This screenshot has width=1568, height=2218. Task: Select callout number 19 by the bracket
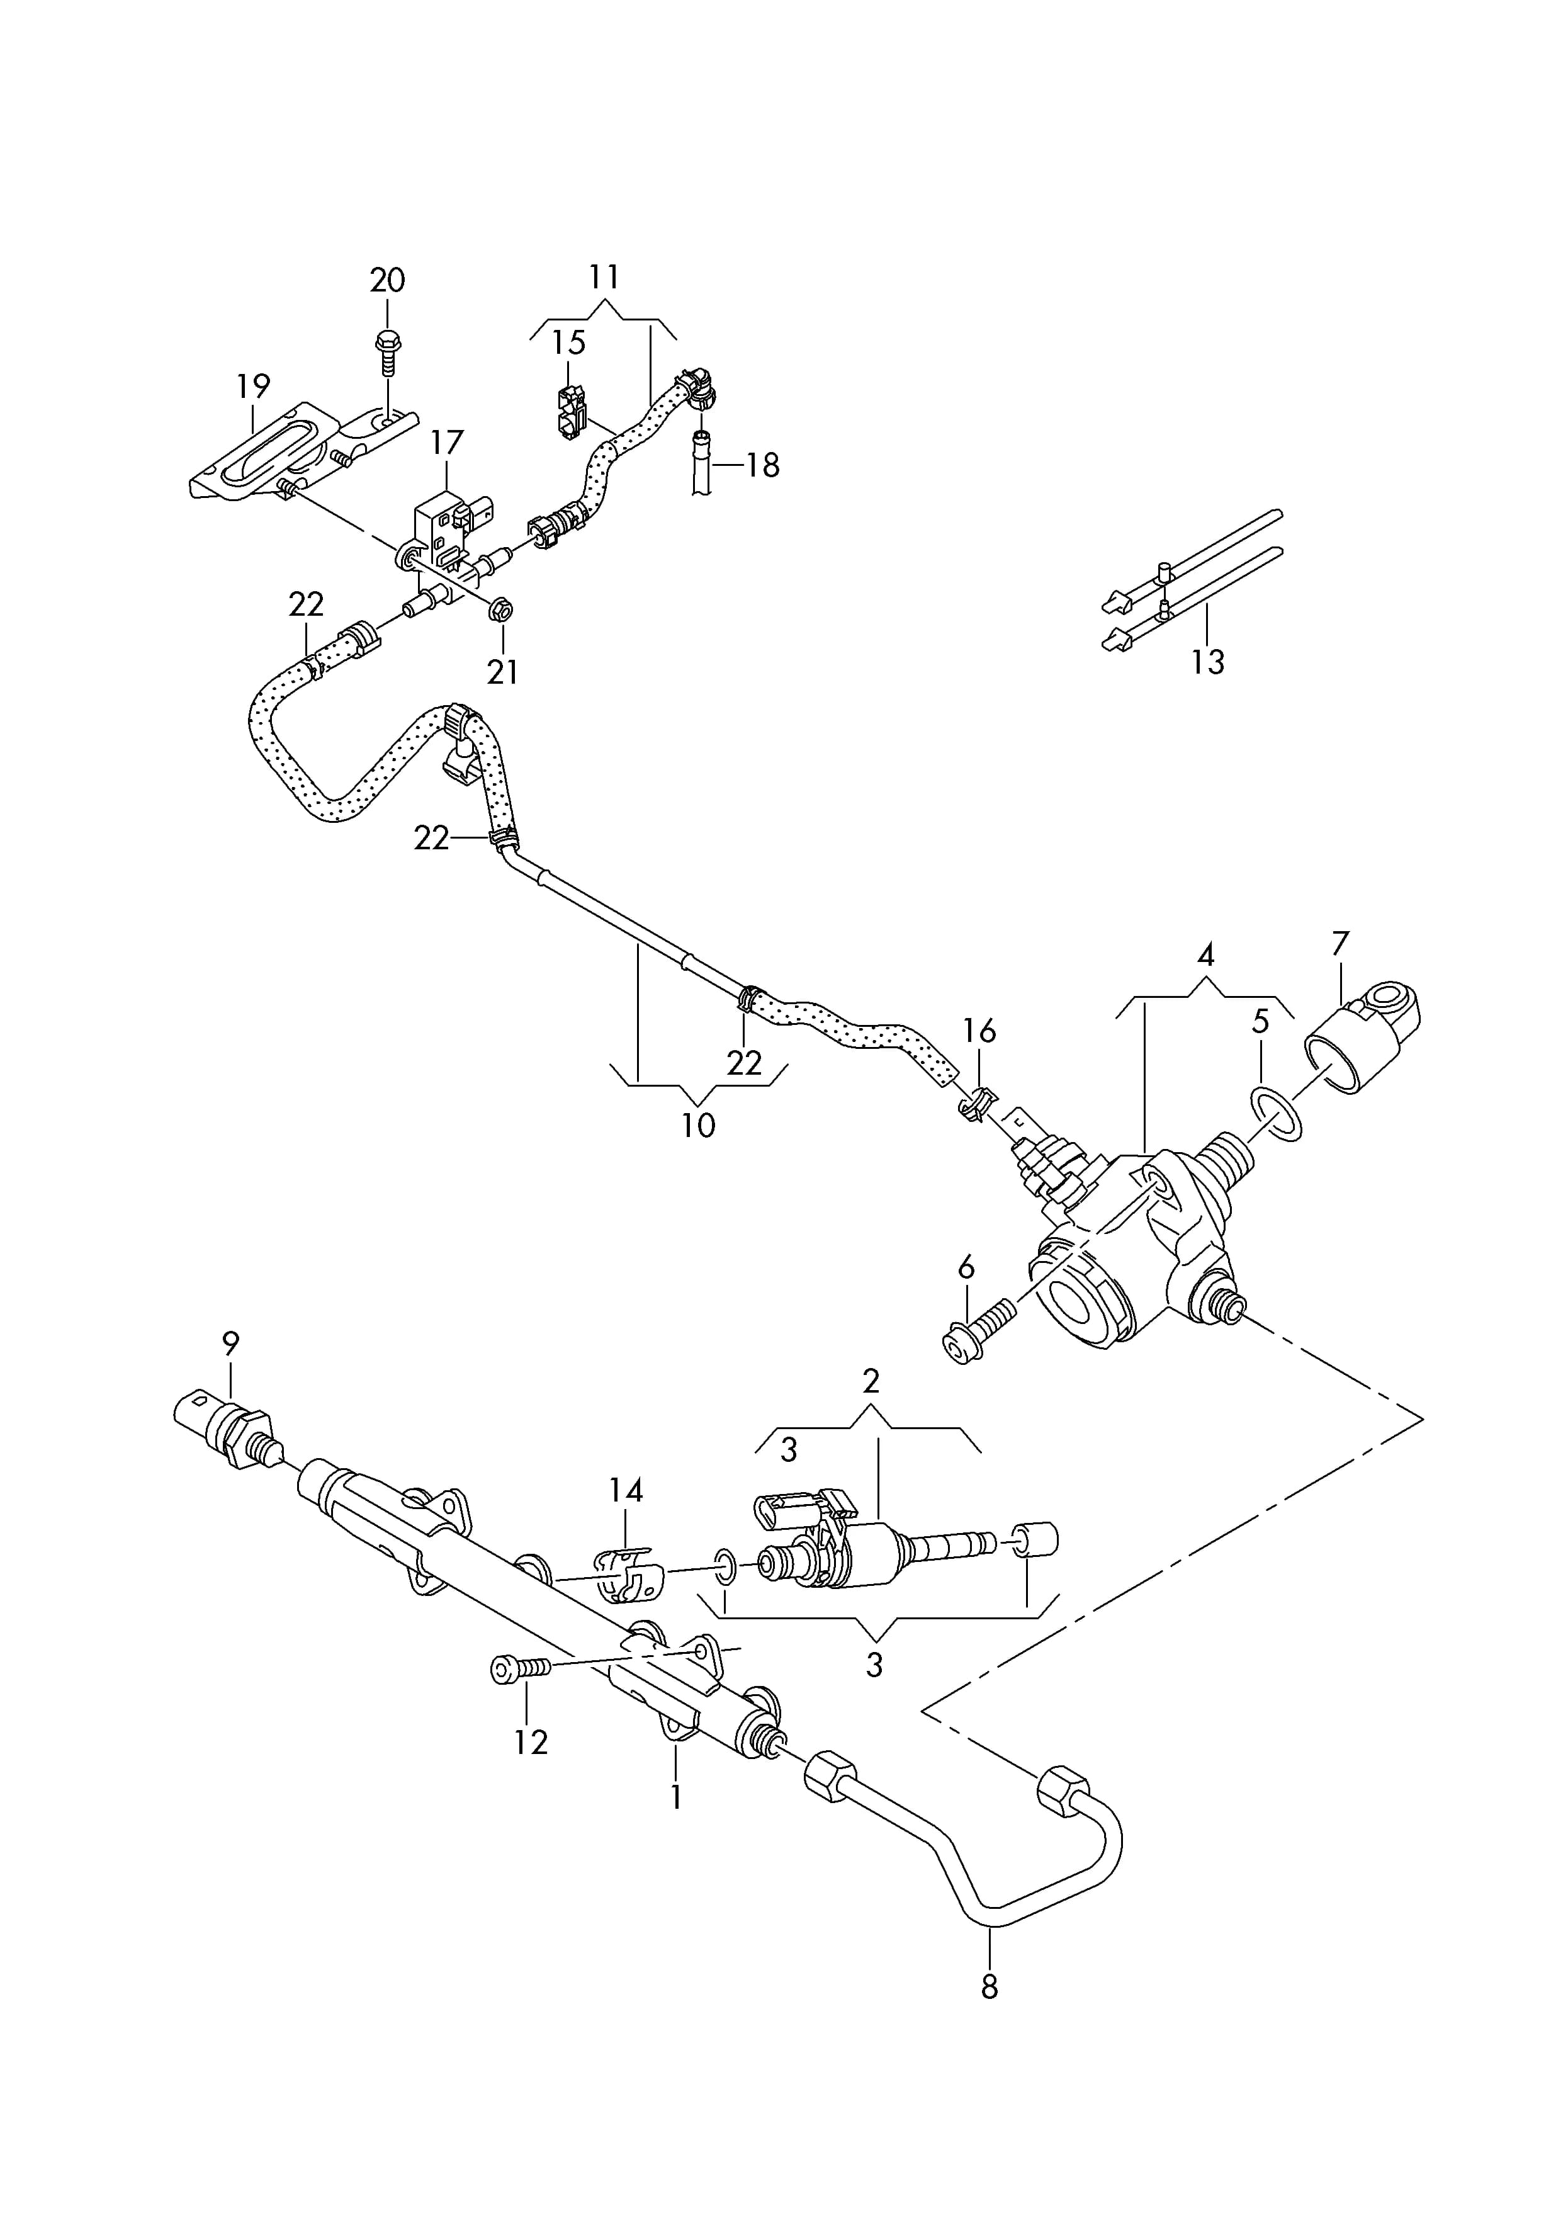click(x=253, y=387)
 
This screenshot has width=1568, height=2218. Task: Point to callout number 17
click(x=446, y=443)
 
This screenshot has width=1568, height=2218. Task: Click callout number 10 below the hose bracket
click(x=699, y=1126)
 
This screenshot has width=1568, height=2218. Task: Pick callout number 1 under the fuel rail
click(x=676, y=1798)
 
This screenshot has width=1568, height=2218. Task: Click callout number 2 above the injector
click(x=871, y=1381)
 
